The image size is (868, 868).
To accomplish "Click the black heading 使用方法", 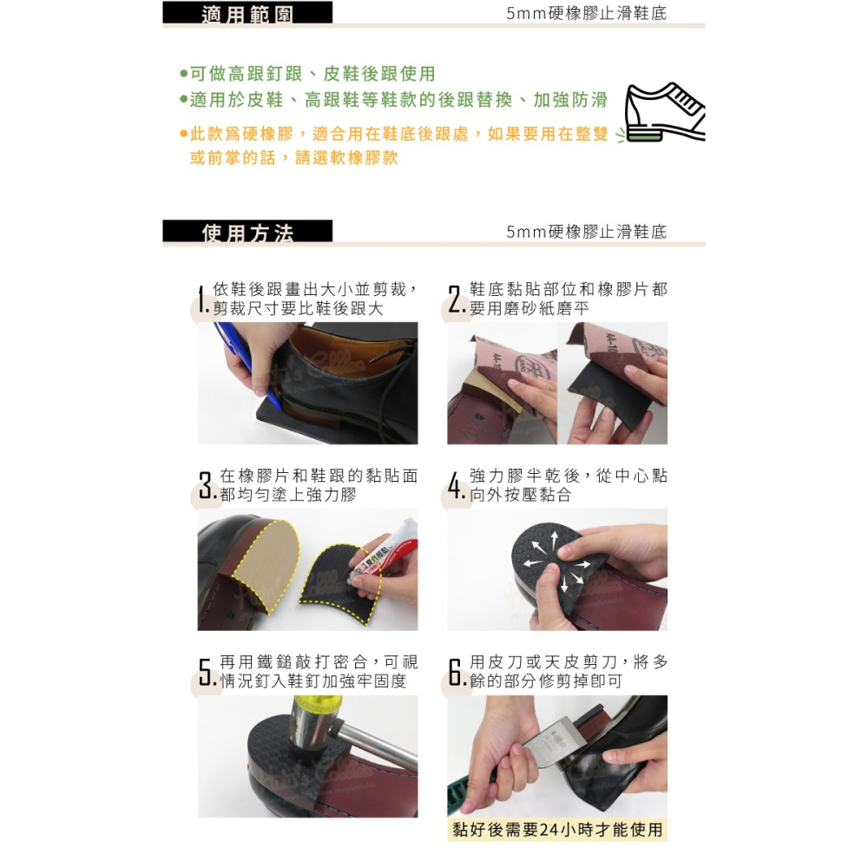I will [247, 232].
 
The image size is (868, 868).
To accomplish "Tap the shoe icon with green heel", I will [666, 113].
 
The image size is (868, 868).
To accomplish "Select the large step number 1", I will [201, 300].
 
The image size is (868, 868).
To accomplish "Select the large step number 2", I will [455, 300].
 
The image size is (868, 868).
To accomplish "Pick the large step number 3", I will [205, 486].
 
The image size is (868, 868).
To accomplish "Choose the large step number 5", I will [205, 673].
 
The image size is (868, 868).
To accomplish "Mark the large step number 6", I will [456, 673].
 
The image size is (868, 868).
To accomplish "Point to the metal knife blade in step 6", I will [556, 742].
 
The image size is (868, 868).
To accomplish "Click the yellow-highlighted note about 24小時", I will [557, 829].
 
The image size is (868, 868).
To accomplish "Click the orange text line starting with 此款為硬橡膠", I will [399, 135].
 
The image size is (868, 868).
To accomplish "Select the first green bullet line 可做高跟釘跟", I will [308, 74].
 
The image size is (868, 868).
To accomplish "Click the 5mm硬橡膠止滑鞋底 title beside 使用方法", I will [587, 232].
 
